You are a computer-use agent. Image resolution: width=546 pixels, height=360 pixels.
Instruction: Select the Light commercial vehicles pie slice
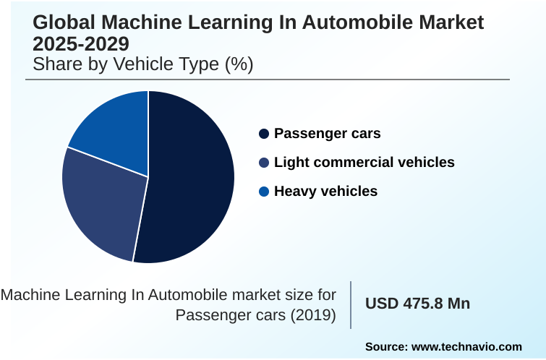[x=101, y=202]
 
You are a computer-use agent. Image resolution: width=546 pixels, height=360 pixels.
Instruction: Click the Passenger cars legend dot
[x=264, y=134]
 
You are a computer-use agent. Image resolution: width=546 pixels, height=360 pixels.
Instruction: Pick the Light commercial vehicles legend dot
[x=264, y=163]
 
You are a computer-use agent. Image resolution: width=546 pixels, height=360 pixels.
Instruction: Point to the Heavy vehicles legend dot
[x=264, y=192]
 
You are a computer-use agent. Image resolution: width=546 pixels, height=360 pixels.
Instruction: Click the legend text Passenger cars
[x=327, y=134]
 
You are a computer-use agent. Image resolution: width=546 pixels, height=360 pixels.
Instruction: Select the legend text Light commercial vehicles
[x=364, y=163]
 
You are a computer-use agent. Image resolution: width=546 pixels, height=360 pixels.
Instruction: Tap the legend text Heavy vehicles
[x=325, y=192]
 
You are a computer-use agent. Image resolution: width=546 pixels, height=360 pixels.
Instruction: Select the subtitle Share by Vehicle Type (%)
[x=143, y=64]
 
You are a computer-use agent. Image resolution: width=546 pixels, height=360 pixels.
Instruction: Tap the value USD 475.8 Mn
[x=417, y=304]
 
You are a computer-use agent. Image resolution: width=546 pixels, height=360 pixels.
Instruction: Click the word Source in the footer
[x=386, y=347]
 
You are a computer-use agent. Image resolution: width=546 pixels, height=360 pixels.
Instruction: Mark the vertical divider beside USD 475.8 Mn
[x=351, y=304]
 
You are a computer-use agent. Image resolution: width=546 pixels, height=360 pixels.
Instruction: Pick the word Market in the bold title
[x=448, y=22]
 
